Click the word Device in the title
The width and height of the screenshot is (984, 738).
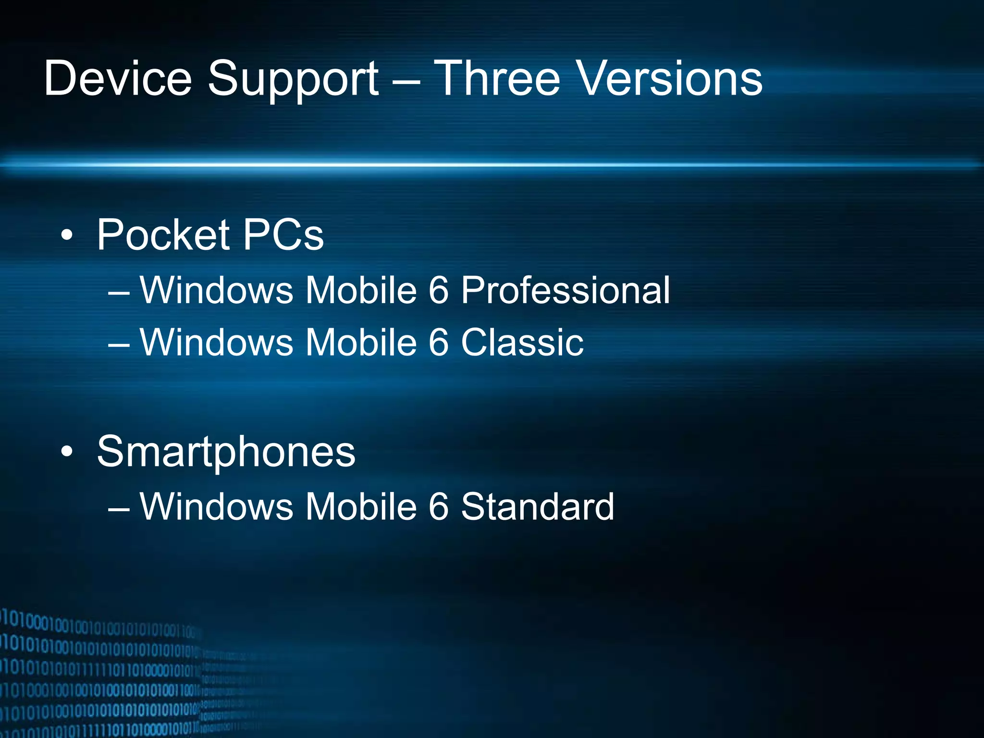pos(118,78)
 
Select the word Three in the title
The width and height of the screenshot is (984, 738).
pos(497,78)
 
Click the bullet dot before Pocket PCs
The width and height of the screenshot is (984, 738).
pos(67,235)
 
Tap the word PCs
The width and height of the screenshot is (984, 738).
pos(283,234)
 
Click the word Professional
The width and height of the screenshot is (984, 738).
pos(565,290)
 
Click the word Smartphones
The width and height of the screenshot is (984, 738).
pos(226,452)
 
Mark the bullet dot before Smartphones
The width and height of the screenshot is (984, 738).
pos(67,452)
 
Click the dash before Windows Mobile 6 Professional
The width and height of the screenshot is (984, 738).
pos(119,292)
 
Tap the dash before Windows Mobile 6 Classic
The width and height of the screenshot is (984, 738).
pos(119,344)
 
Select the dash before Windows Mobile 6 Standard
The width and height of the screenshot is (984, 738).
pos(119,508)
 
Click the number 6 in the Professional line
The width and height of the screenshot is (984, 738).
pos(438,290)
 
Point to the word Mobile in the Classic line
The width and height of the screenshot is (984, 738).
pos(361,342)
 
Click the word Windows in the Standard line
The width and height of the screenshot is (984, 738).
pos(216,506)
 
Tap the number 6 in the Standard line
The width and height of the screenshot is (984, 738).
pos(438,506)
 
